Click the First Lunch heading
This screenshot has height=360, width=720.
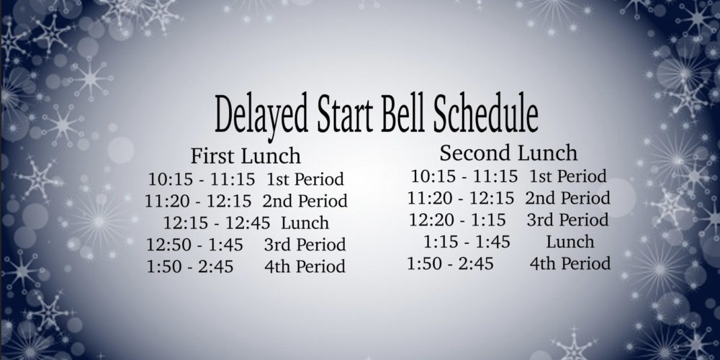click(x=246, y=156)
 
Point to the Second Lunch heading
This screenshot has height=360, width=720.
click(x=508, y=153)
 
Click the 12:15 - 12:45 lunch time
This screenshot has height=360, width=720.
click(x=217, y=223)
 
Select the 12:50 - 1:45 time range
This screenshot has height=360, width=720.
click(x=194, y=245)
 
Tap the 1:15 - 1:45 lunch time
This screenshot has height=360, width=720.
click(x=467, y=241)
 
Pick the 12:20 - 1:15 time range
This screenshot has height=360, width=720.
click(x=457, y=220)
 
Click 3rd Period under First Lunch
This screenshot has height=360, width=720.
click(x=305, y=245)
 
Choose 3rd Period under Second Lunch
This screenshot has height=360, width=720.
click(x=567, y=220)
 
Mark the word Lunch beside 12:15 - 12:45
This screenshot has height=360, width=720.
click(x=305, y=223)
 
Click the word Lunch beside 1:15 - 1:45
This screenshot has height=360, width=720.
click(x=570, y=241)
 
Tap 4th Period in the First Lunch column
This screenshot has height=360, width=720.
click(x=305, y=267)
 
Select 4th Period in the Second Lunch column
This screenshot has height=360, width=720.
click(x=570, y=264)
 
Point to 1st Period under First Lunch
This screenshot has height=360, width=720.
click(x=305, y=179)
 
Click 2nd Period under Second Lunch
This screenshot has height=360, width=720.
click(x=568, y=198)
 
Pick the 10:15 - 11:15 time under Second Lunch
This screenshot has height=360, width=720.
click(x=464, y=176)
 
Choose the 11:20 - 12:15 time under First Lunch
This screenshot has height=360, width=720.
click(x=199, y=201)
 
